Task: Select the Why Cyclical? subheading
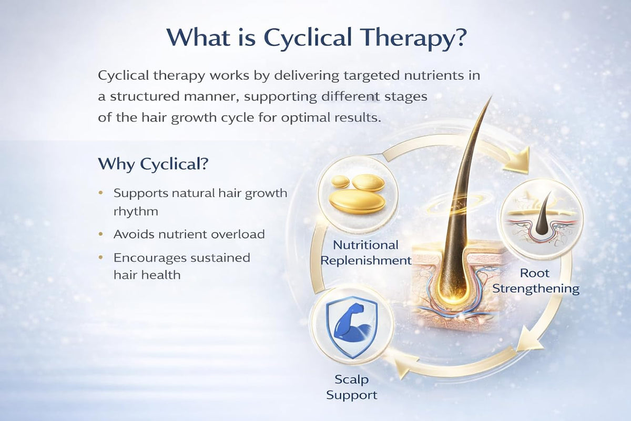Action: (153, 164)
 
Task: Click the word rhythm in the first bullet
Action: (136, 211)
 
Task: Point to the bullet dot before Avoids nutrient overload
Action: (101, 234)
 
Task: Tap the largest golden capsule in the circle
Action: (357, 202)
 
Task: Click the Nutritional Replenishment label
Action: (365, 253)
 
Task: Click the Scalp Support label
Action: (352, 387)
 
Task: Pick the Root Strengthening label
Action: (536, 281)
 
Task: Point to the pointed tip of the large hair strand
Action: (492, 96)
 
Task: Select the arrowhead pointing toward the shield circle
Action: (405, 366)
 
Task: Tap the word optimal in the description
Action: (306, 117)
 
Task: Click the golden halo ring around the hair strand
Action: (459, 202)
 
